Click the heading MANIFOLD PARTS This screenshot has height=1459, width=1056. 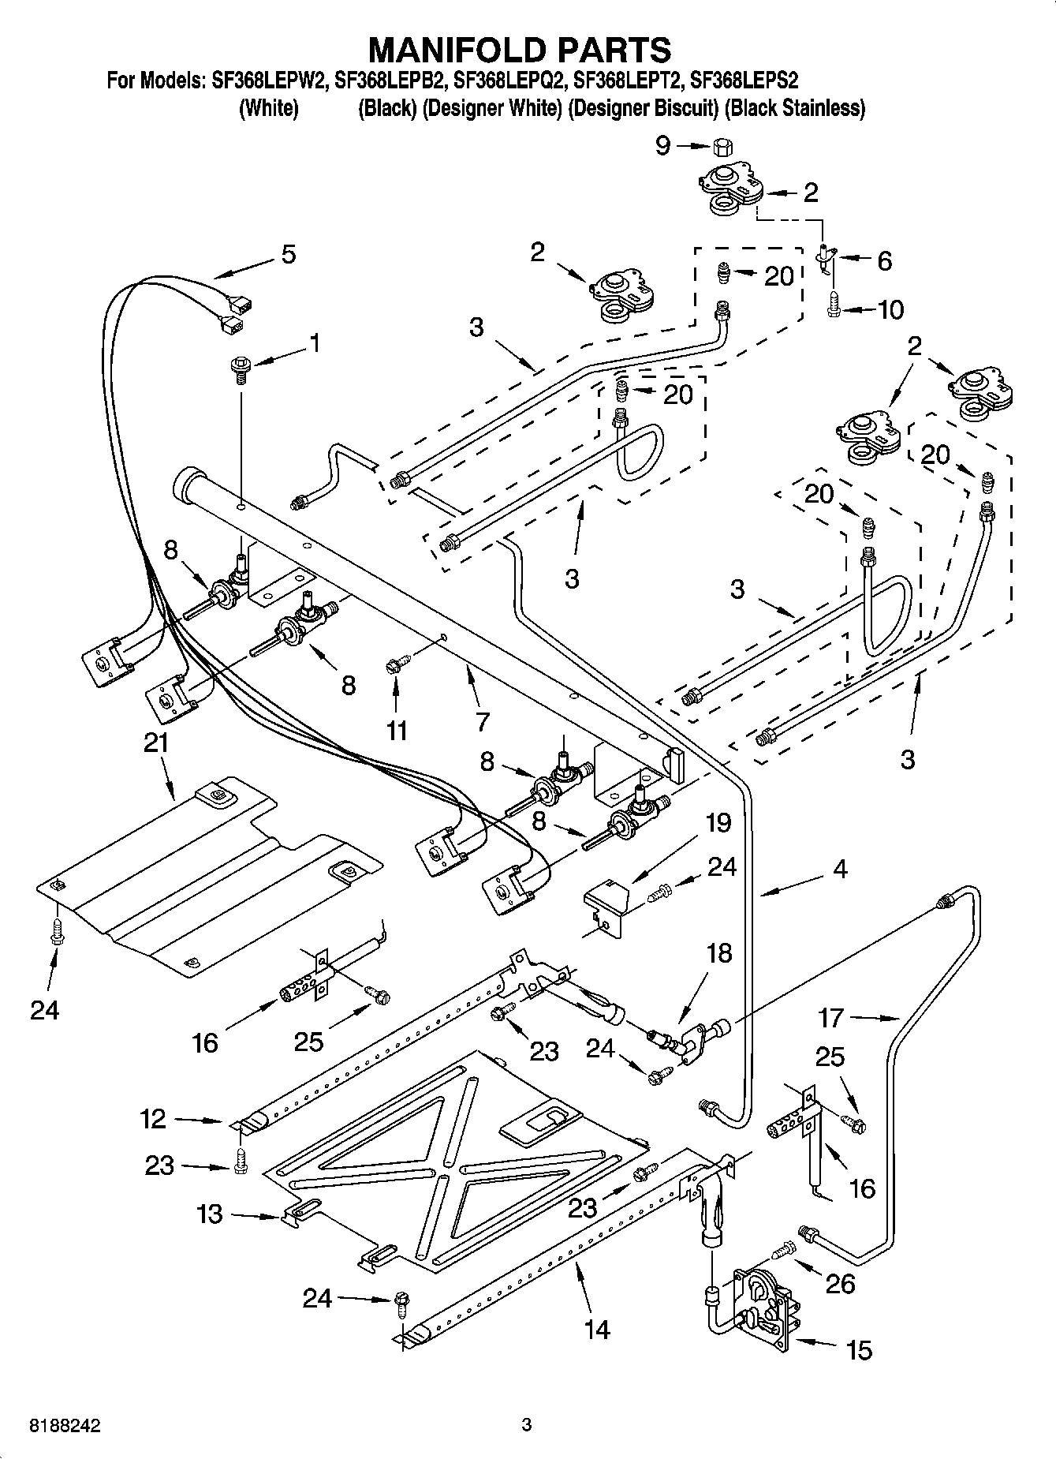(520, 50)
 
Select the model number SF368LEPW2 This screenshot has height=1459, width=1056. (268, 80)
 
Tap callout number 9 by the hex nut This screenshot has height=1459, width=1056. (662, 145)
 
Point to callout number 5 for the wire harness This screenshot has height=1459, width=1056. (288, 255)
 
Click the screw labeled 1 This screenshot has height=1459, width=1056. (239, 368)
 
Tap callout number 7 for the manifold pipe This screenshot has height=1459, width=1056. (482, 721)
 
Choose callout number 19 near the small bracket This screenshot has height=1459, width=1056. (718, 822)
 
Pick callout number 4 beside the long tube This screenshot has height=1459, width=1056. (840, 869)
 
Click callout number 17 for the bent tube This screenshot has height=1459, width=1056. (831, 1018)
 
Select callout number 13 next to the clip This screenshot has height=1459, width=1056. (210, 1214)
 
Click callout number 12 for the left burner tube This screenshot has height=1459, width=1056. (155, 1119)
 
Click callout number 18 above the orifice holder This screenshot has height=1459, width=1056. (718, 953)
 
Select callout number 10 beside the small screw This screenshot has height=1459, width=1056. (890, 309)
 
